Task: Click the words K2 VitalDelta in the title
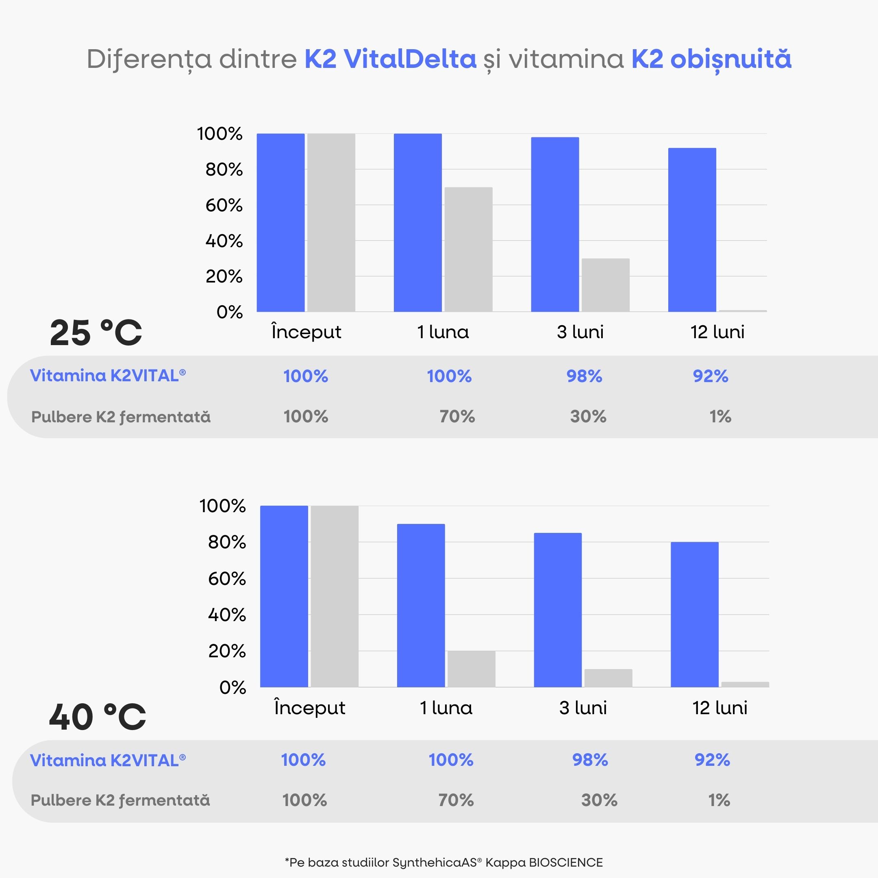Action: point(390,59)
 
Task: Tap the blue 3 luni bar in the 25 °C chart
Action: point(555,224)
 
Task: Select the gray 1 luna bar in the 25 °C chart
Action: point(468,250)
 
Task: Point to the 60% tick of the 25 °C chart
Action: point(224,205)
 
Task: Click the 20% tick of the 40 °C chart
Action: point(226,651)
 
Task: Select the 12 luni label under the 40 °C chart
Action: point(719,708)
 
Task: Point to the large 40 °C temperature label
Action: point(97,717)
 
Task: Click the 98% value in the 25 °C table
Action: point(584,376)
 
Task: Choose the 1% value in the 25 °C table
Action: point(720,416)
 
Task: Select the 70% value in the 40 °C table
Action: point(456,800)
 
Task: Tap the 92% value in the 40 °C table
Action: point(712,760)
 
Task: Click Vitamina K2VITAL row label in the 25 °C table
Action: point(108,376)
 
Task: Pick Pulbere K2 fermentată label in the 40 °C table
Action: point(120,800)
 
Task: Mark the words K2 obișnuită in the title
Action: point(711,59)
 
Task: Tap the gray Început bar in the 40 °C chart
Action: point(335,596)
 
